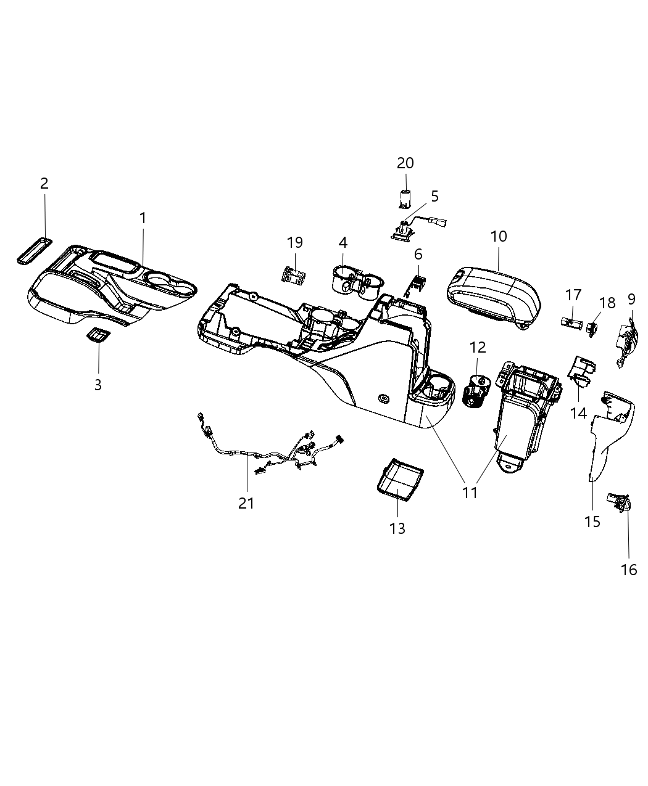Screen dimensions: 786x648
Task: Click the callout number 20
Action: [x=405, y=163]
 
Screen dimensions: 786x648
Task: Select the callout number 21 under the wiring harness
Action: [x=246, y=503]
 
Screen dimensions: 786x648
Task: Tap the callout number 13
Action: [x=397, y=528]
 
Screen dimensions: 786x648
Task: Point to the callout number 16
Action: [x=629, y=570]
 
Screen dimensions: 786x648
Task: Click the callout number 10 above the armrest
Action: [x=499, y=236]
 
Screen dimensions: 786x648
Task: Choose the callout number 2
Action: [x=44, y=183]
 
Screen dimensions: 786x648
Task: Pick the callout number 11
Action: [x=470, y=492]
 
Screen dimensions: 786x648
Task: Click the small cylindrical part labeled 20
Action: [x=405, y=199]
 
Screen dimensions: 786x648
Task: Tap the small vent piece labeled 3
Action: [x=98, y=335]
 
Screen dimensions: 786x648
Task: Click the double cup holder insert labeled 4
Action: [x=356, y=282]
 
